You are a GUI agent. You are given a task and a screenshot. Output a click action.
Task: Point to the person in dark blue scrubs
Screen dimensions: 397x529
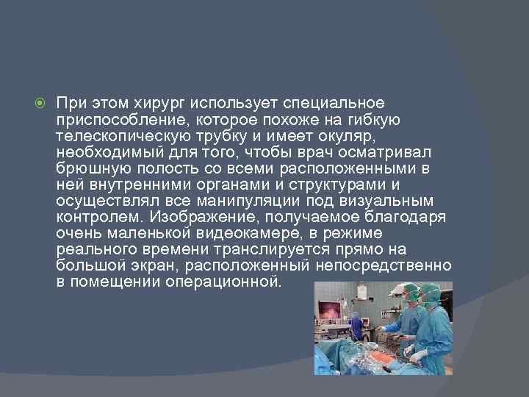click(x=356, y=328)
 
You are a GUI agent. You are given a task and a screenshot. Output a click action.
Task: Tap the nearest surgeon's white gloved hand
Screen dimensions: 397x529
click(x=417, y=357)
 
